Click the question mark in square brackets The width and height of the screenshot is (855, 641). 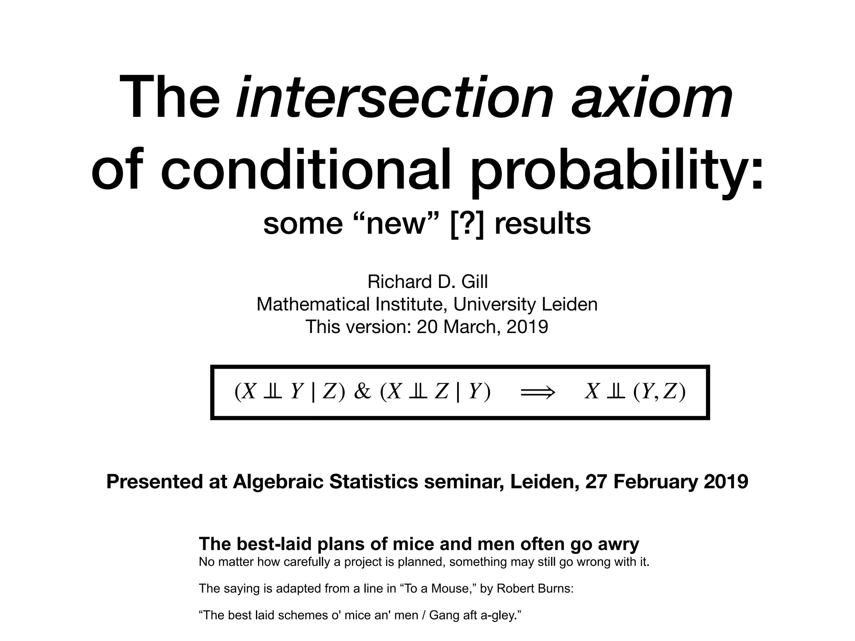[x=468, y=224]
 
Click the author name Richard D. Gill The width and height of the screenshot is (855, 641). [x=427, y=282]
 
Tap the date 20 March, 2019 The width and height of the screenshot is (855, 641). [x=482, y=326]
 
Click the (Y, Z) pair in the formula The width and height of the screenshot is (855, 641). [x=659, y=391]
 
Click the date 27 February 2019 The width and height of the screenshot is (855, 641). [x=667, y=482]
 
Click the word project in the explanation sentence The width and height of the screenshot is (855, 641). [x=363, y=562]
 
